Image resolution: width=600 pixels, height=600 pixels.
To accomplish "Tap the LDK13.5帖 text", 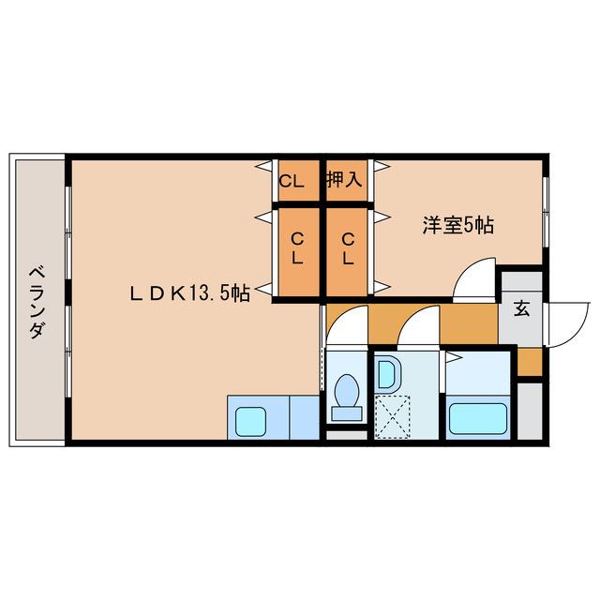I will pyautogui.click(x=188, y=293).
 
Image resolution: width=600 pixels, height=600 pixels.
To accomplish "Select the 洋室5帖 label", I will pyautogui.click(x=457, y=225).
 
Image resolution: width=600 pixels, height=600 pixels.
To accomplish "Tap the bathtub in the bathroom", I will pyautogui.click(x=477, y=416).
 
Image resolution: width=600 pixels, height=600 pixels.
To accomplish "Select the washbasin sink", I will pyautogui.click(x=386, y=376).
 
